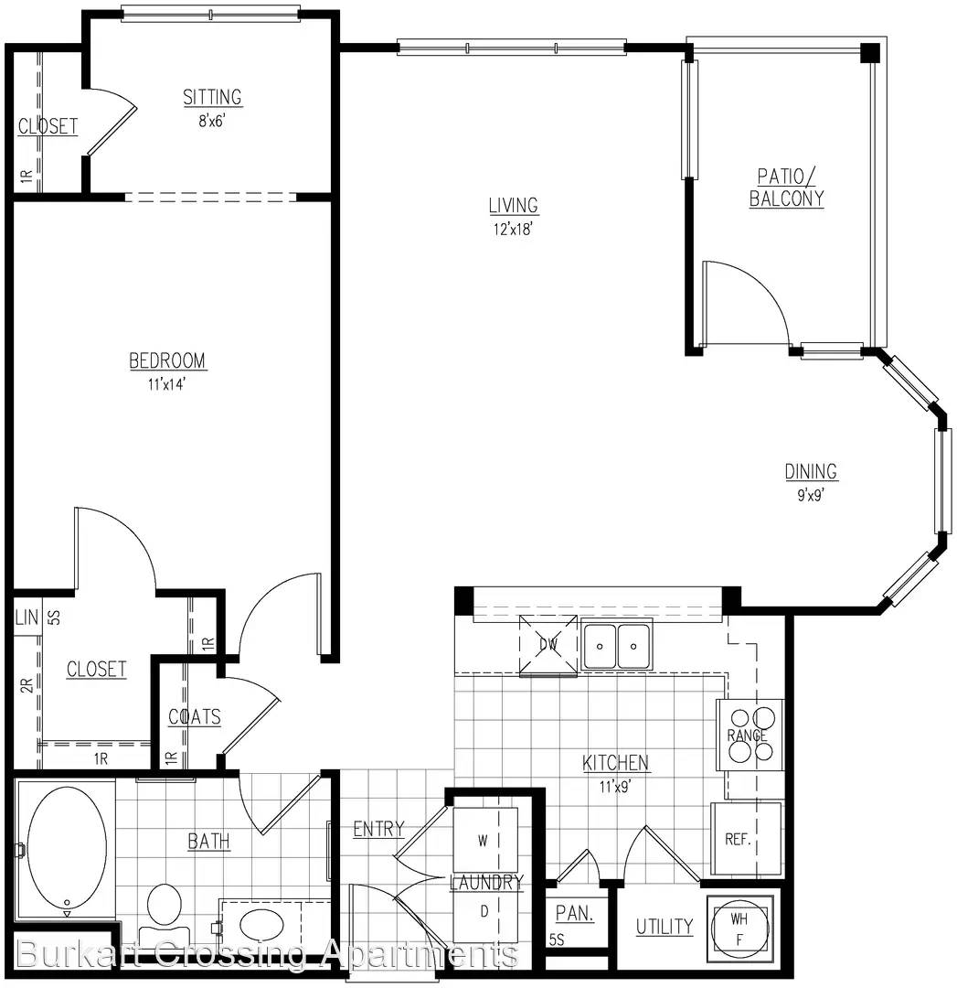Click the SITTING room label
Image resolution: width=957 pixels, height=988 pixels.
coord(212,97)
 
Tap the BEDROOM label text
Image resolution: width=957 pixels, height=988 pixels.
coord(167,360)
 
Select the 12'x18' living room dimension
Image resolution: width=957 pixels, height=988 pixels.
coord(513,229)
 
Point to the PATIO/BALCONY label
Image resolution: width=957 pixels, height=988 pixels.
coord(786,188)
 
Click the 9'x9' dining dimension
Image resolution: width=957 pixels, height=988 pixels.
coord(811,495)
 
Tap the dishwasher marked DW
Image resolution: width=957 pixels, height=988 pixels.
coord(548,645)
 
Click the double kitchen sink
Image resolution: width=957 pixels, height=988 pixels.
coord(617,646)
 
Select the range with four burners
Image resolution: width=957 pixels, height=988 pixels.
coord(750,735)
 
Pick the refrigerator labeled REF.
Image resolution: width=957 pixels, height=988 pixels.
coord(746,839)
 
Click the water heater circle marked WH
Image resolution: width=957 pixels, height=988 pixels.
coord(739,929)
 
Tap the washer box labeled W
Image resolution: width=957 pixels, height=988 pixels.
coord(485,840)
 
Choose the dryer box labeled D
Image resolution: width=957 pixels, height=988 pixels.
coord(485,911)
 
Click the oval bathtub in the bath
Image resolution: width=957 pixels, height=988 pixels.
coord(68,846)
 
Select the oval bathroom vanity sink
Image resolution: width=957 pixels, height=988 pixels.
coord(262,925)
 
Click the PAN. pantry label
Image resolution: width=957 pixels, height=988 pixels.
coord(575,913)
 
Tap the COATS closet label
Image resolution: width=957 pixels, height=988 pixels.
coord(195,716)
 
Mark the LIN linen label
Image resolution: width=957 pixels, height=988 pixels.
coord(27,617)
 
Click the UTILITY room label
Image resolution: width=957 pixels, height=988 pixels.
coord(665,927)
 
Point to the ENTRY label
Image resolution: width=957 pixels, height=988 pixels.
coord(378,829)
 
